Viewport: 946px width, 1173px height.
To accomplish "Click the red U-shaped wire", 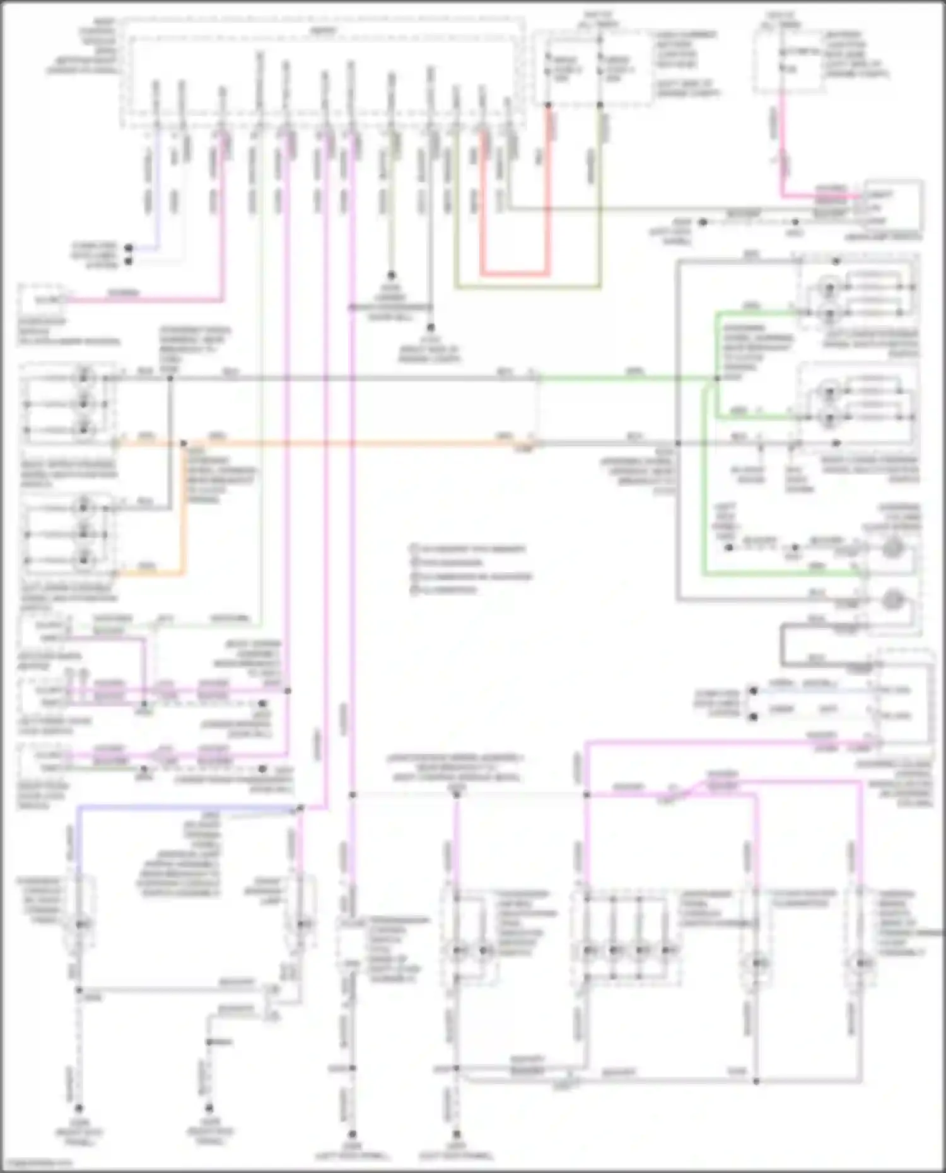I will [514, 274].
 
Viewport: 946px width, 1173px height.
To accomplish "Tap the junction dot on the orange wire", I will [184, 444].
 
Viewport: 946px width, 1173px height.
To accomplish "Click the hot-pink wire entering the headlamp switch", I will [820, 195].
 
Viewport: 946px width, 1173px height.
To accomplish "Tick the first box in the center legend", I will [414, 549].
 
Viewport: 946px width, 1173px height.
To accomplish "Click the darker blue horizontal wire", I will [189, 807].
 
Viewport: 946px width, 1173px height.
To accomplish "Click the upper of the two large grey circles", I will [891, 548].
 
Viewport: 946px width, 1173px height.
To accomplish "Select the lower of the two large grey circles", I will [891, 600].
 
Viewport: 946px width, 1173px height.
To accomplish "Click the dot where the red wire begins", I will [548, 106].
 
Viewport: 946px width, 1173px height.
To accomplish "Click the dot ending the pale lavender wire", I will [129, 248].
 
